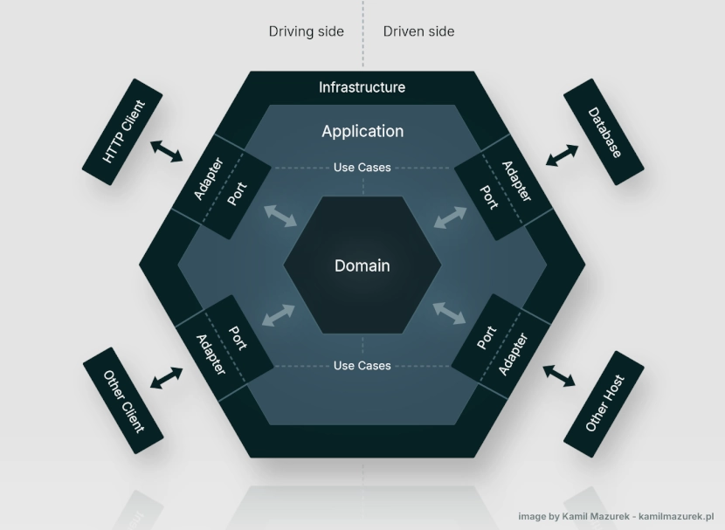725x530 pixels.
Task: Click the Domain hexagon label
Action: (362, 265)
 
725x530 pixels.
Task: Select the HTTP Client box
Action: (122, 132)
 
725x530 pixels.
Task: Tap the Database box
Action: (604, 132)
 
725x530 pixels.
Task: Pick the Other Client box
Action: (123, 401)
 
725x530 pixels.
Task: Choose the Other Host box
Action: (604, 404)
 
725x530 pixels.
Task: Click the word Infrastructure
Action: (362, 87)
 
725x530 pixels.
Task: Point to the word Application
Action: (362, 131)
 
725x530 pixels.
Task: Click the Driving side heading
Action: (306, 31)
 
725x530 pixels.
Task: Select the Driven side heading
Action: (419, 31)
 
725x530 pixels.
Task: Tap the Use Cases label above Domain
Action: (362, 168)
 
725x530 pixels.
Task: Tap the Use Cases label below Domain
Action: (362, 366)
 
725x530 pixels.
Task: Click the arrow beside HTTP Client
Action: (167, 151)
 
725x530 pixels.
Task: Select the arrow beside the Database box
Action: (562, 155)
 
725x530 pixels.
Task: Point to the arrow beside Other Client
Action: (167, 378)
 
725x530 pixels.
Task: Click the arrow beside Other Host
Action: (559, 375)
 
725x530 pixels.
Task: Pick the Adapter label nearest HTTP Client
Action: (209, 179)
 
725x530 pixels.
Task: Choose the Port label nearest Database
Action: (489, 197)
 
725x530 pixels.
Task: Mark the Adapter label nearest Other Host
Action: (514, 354)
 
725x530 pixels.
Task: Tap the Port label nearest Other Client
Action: (238, 338)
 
